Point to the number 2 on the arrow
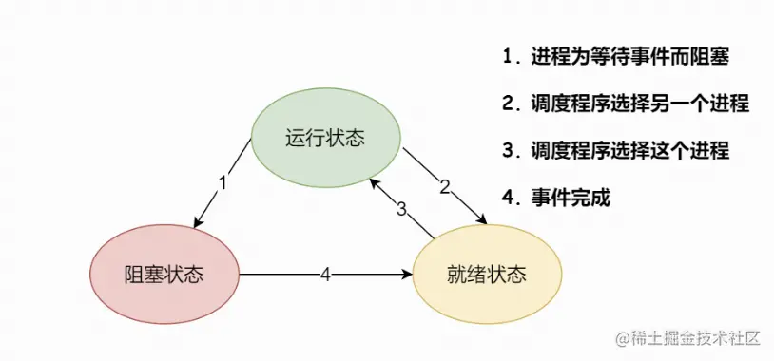click(x=444, y=186)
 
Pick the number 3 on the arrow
click(x=401, y=209)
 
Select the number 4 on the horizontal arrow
click(x=325, y=275)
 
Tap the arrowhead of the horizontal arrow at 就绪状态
click(x=409, y=275)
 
